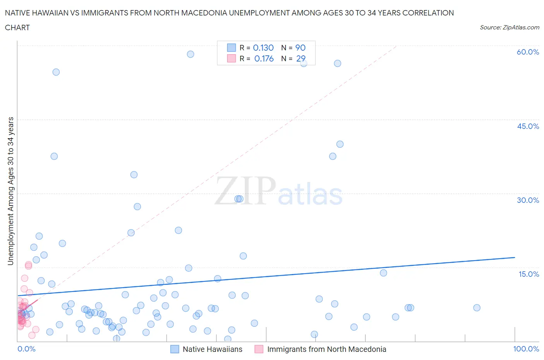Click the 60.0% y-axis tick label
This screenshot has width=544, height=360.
pyautogui.click(x=528, y=52)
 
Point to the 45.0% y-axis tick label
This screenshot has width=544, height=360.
pyautogui.click(x=528, y=126)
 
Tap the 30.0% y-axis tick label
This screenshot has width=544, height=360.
pyautogui.click(x=528, y=200)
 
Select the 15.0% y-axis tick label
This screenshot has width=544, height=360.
pyautogui.click(x=529, y=274)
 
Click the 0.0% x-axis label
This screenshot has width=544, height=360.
pyautogui.click(x=26, y=349)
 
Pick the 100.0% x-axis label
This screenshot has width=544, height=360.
pyautogui.click(x=526, y=349)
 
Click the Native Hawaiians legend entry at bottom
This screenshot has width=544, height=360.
pyautogui.click(x=212, y=349)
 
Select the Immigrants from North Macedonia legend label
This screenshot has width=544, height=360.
pyautogui.click(x=327, y=349)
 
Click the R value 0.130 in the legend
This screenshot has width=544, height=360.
pyautogui.click(x=263, y=48)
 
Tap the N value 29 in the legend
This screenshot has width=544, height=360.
pyautogui.click(x=301, y=58)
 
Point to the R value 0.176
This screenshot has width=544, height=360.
pyautogui.click(x=264, y=58)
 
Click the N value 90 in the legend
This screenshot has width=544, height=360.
pyautogui.click(x=300, y=48)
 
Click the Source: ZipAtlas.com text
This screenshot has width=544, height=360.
pyautogui.click(x=509, y=27)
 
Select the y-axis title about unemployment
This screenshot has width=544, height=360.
pyautogui.click(x=10, y=191)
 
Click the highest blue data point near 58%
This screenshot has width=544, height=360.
pyautogui.click(x=190, y=54)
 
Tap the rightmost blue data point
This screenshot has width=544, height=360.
pyautogui.click(x=477, y=308)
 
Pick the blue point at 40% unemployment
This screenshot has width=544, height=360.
pyautogui.click(x=340, y=144)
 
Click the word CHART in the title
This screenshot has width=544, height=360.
pyautogui.click(x=17, y=27)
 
